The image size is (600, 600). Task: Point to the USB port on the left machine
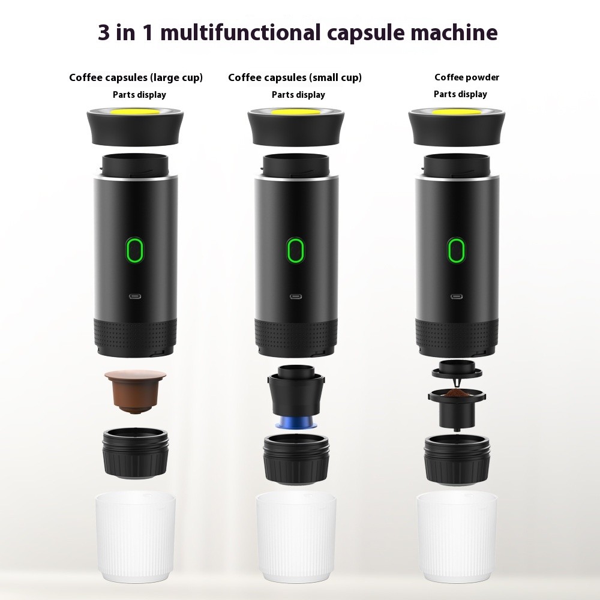pyautogui.click(x=135, y=296)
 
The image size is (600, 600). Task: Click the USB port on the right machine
pyautogui.click(x=457, y=296)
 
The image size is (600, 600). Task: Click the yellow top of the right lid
pyautogui.click(x=457, y=112)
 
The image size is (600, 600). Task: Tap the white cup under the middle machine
pyautogui.click(x=296, y=528)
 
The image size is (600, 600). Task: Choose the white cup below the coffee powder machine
pyautogui.click(x=457, y=528)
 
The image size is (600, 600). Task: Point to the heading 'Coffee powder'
pyautogui.click(x=467, y=77)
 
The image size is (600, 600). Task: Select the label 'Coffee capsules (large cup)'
pyautogui.click(x=136, y=77)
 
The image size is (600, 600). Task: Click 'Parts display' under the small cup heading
pyautogui.click(x=298, y=95)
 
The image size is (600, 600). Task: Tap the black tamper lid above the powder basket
pyautogui.click(x=456, y=368)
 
